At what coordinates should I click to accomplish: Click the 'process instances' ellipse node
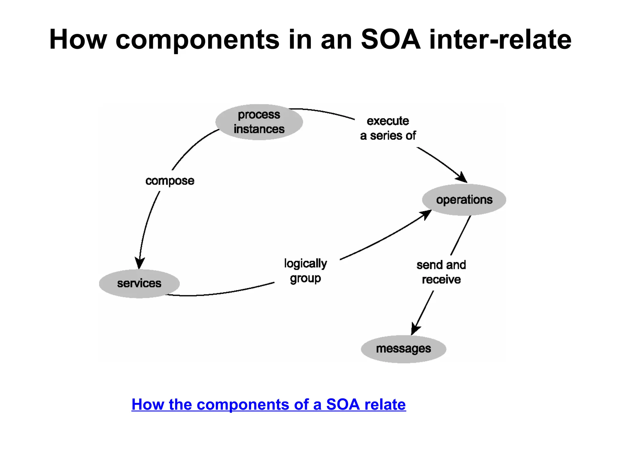[x=259, y=122]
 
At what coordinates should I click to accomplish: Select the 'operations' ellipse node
[x=464, y=200]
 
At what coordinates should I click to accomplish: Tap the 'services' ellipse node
[x=139, y=283]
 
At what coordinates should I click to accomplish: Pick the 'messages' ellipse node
[x=403, y=349]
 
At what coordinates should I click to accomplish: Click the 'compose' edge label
[x=170, y=181]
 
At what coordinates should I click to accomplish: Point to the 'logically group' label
[x=305, y=271]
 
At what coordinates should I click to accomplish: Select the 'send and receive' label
[x=441, y=272]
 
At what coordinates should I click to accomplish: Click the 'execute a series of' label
[x=388, y=128]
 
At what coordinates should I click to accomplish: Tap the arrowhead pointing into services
[x=140, y=263]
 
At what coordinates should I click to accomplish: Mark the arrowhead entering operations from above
[x=462, y=177]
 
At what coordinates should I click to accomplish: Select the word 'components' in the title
[x=197, y=40]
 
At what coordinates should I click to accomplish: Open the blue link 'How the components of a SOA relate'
[x=268, y=404]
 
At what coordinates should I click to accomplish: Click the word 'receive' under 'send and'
[x=441, y=279]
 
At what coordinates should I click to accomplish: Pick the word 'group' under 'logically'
[x=305, y=278]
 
